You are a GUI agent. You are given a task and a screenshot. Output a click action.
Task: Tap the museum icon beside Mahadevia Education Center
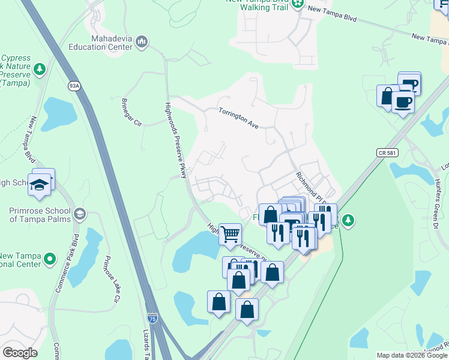[142, 41]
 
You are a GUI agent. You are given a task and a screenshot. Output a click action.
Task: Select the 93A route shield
[74, 86]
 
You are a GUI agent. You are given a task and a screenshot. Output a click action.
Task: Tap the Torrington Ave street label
[238, 118]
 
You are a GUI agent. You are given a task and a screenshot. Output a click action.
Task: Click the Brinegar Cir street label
[131, 112]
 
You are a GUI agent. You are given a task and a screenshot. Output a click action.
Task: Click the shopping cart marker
[231, 234]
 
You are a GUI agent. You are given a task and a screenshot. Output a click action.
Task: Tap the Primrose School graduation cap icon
[79, 214]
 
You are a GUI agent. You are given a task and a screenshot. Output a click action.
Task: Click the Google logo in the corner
[20, 352]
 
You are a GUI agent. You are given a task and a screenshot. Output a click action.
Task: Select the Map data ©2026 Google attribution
[412, 355]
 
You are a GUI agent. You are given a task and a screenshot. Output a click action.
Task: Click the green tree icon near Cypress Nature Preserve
[40, 70]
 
